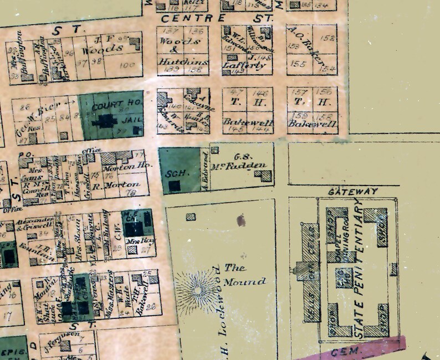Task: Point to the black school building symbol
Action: tap(175, 186)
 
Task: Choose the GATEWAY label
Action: tap(352, 191)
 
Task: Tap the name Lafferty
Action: tap(238, 65)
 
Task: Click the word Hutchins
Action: tap(175, 63)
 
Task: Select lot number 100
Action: tap(127, 65)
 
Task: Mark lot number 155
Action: tap(299, 64)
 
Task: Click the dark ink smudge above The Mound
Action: tap(241, 221)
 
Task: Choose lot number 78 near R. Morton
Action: tap(131, 193)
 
